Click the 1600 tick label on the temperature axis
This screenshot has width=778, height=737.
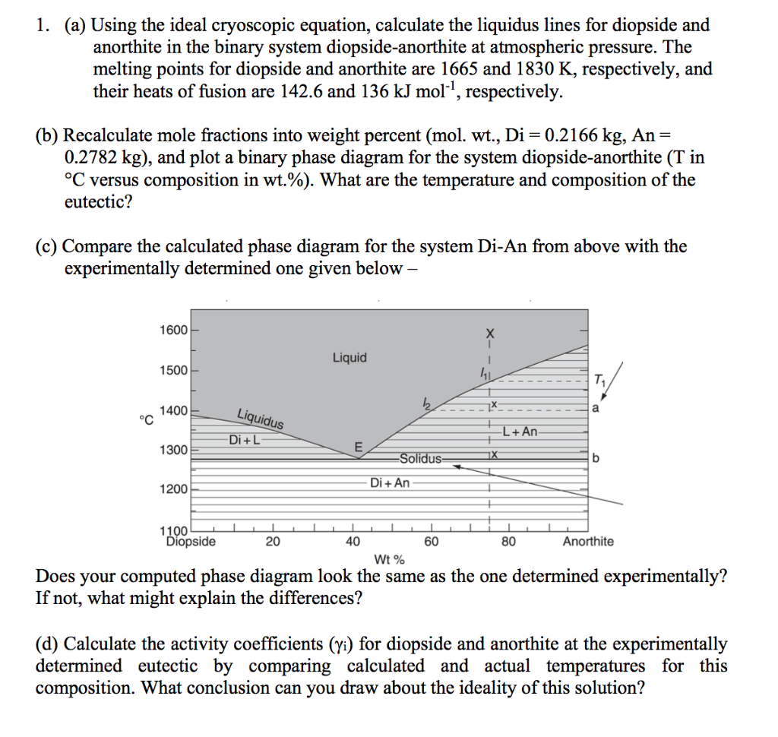pyautogui.click(x=173, y=330)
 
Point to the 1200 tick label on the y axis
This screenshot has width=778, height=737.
pyautogui.click(x=173, y=489)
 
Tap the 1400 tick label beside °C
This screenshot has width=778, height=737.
pyautogui.click(x=173, y=410)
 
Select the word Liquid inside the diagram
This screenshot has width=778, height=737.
pyautogui.click(x=349, y=357)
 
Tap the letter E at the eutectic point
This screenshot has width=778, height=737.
pyautogui.click(x=359, y=446)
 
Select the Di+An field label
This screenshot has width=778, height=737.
pyautogui.click(x=390, y=482)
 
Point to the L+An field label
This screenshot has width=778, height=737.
pyautogui.click(x=519, y=432)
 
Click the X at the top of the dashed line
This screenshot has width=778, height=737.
pyautogui.click(x=490, y=334)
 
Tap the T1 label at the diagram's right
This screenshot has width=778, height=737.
pyautogui.click(x=601, y=379)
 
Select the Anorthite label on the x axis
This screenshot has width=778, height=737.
pyautogui.click(x=588, y=542)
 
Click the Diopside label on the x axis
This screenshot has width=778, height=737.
pyautogui.click(x=191, y=542)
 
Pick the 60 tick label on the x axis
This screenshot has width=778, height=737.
pyautogui.click(x=431, y=542)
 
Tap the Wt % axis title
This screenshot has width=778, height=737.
pyautogui.click(x=390, y=561)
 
